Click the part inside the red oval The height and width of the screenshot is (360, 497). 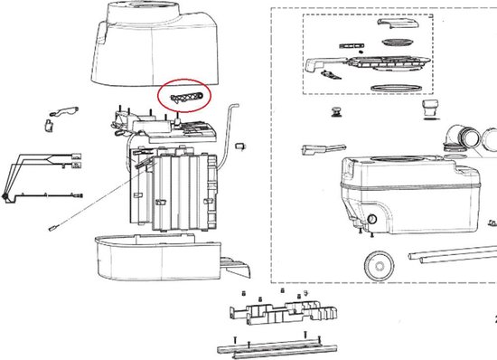[184, 94]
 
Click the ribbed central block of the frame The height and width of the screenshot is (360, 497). [176, 190]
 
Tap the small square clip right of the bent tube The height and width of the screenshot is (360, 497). [240, 145]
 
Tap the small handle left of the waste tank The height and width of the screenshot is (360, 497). [316, 149]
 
